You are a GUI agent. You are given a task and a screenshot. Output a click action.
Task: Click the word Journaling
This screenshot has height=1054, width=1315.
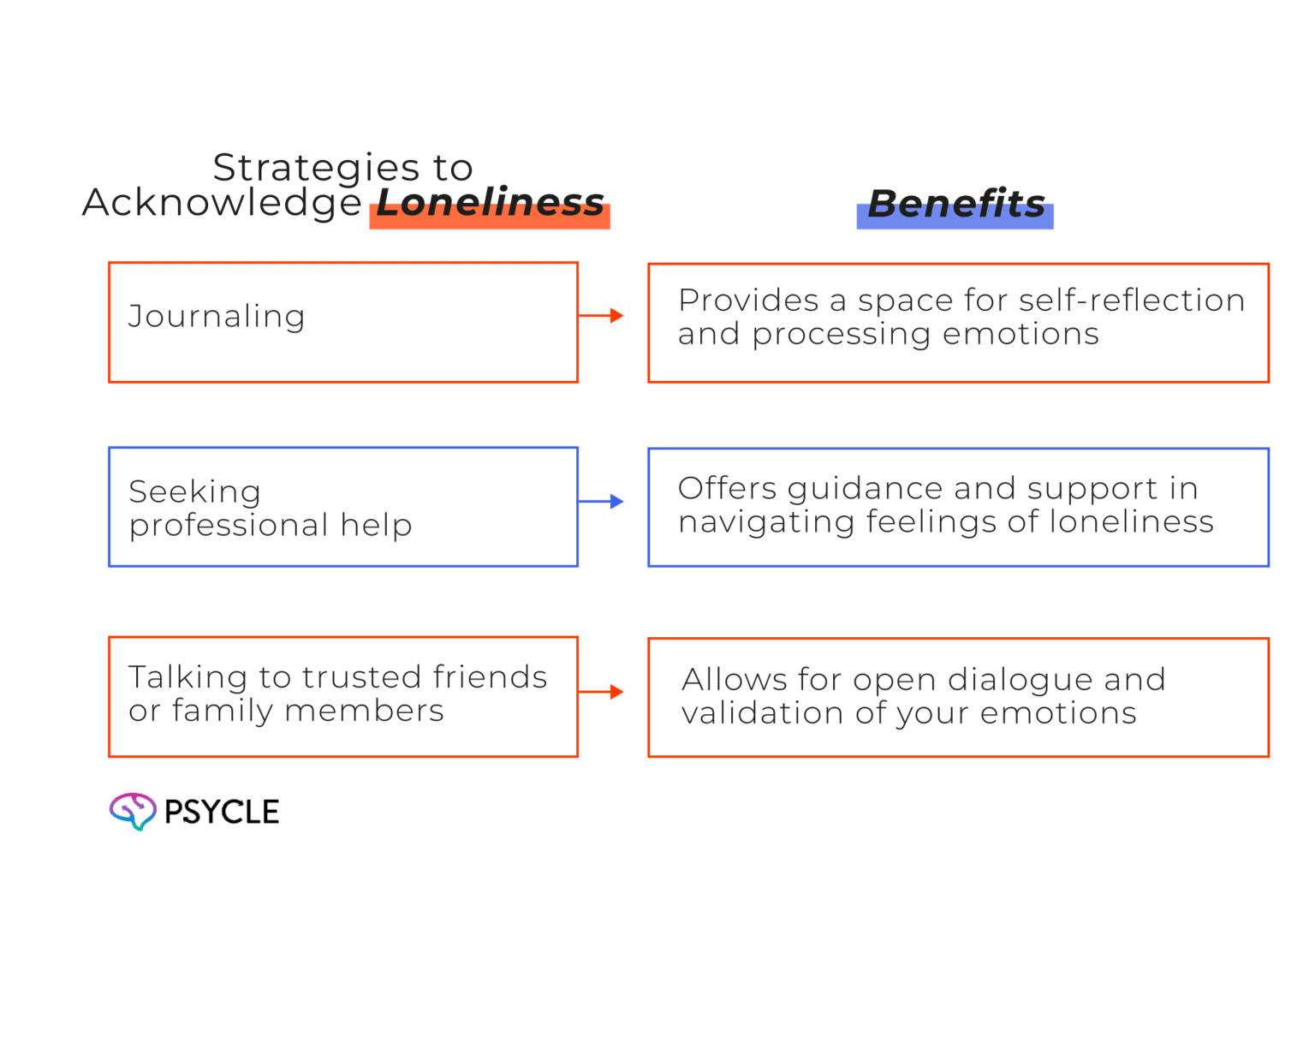coord(217,318)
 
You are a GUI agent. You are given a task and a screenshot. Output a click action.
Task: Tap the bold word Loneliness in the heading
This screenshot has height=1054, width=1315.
coord(490,202)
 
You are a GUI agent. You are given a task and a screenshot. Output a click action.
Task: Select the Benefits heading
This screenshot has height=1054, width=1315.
coord(956,203)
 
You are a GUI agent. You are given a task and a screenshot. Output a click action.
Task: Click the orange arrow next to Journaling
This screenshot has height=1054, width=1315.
coord(601,315)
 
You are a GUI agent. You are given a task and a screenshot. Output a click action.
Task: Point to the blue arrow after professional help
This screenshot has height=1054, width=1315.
coord(601,502)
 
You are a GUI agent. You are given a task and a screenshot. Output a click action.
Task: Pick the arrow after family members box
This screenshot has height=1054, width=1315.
coord(601,692)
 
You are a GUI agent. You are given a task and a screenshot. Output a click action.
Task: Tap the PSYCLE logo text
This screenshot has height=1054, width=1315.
coord(222,812)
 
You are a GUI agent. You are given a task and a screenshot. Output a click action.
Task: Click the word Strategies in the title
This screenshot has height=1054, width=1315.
coord(317,167)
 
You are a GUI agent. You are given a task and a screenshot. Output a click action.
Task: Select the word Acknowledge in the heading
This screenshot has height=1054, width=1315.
coord(223,202)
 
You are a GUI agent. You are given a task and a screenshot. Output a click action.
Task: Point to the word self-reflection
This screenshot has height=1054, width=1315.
coord(1132,301)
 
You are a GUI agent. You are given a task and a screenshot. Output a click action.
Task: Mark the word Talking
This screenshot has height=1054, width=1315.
coord(187,678)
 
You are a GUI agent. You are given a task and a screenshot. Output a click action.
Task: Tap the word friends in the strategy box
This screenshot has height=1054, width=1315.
coord(490,676)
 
